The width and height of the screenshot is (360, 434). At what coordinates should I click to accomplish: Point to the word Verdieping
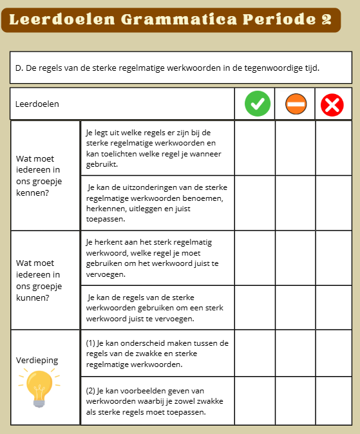(x=37, y=360)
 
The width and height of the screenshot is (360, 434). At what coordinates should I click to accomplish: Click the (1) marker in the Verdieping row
(x=91, y=343)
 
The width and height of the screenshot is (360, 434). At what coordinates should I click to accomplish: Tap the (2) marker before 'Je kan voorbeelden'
(x=91, y=390)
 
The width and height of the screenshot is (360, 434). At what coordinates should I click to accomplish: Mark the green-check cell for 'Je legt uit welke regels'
(x=255, y=147)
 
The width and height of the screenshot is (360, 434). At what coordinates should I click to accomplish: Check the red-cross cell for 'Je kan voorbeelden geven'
(x=334, y=401)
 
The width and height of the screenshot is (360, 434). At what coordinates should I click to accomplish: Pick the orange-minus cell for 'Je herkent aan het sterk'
(x=295, y=258)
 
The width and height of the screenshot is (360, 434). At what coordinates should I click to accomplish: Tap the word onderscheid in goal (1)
(x=140, y=343)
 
